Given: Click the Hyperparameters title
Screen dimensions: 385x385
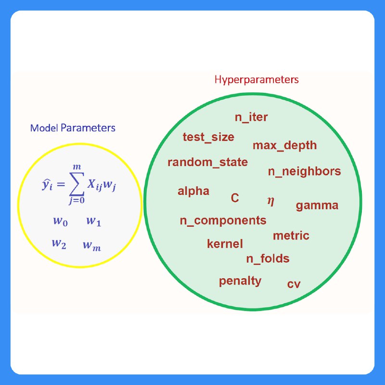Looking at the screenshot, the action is point(257,80).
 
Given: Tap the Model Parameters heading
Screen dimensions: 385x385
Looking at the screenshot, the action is point(73,128).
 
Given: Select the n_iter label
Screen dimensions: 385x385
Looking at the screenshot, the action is point(251,117).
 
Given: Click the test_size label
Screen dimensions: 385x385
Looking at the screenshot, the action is point(208,137).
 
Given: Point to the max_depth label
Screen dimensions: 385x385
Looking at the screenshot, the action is point(284,145).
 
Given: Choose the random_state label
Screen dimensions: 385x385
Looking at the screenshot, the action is point(208,162).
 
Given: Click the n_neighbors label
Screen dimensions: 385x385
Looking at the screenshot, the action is point(305,171).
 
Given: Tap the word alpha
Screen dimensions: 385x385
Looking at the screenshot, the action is point(193,191).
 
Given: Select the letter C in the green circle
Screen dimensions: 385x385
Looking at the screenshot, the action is point(235,198).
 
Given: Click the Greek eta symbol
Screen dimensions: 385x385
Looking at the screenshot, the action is point(271,201).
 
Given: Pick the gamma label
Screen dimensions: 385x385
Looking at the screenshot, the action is point(317,205).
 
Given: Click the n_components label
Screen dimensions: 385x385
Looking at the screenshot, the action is point(223,220).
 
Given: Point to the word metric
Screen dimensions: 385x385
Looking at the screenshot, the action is point(291,235).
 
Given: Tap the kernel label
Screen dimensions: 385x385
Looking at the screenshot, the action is point(225,244).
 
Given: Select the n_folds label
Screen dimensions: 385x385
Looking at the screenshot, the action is point(268,258).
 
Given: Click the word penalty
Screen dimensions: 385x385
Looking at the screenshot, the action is point(240,281).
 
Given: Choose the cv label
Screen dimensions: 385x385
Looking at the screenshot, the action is point(294,284).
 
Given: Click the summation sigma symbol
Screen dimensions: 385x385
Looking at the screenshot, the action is point(77,184).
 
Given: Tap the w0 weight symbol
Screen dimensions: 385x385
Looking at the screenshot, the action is point(61,221).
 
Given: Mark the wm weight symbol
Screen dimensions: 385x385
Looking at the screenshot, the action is point(92,245).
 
